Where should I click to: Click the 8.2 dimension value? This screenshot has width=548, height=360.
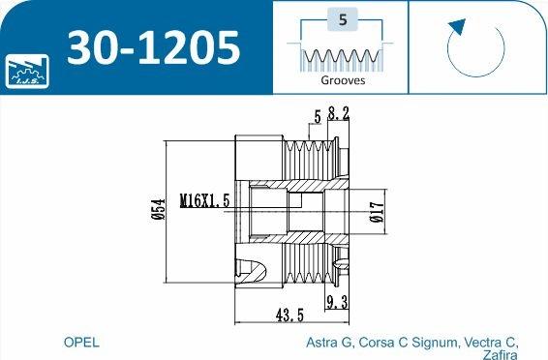[x=339, y=113]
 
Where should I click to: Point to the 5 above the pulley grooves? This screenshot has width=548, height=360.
[x=317, y=118]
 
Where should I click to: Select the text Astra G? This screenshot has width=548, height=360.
[x=329, y=343]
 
